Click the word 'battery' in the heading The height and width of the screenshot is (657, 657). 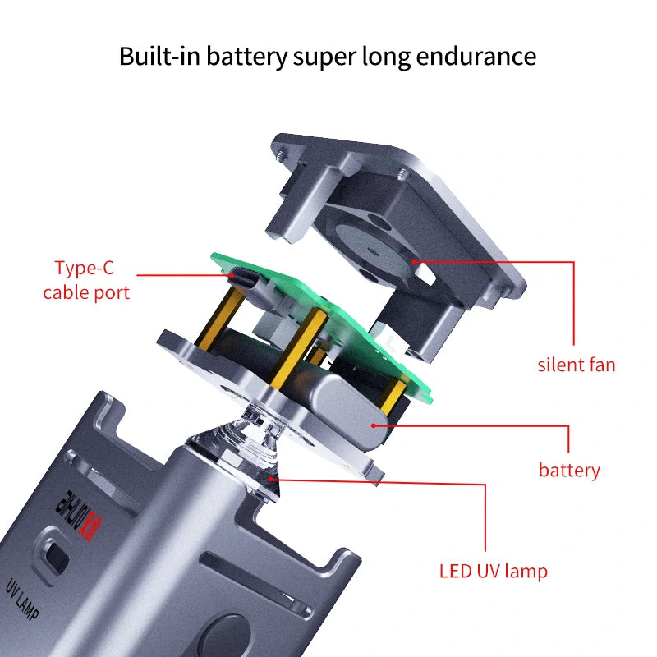(247, 57)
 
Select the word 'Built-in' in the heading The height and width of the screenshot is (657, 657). (161, 57)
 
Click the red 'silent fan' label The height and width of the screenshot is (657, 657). (576, 365)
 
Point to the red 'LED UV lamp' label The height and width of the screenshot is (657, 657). (504, 571)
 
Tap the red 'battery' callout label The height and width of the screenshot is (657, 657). (569, 471)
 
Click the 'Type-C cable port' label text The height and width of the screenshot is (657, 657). (86, 280)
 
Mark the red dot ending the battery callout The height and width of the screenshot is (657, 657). (375, 425)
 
